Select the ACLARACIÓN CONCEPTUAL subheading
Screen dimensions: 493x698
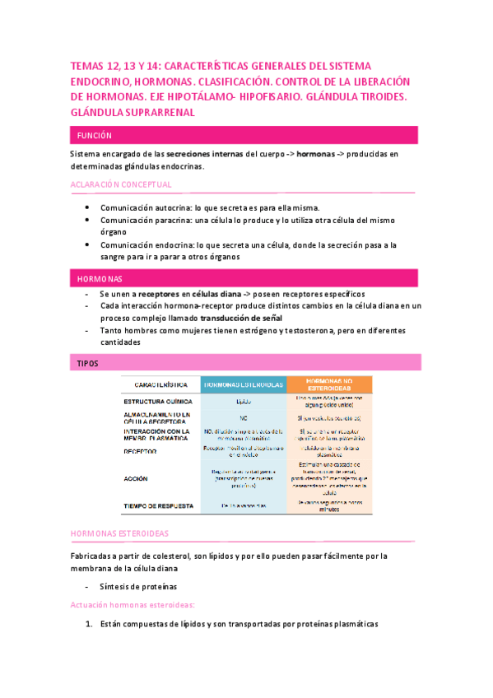pyautogui.click(x=121, y=184)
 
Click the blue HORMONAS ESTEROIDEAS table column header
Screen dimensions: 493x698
pyautogui.click(x=242, y=384)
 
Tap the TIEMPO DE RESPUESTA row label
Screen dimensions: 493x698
pyautogui.click(x=159, y=505)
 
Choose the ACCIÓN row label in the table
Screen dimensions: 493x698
pyautogui.click(x=137, y=477)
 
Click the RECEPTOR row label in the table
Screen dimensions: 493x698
pyautogui.click(x=141, y=451)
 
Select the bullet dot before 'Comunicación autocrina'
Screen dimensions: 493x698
pyautogui.click(x=88, y=208)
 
